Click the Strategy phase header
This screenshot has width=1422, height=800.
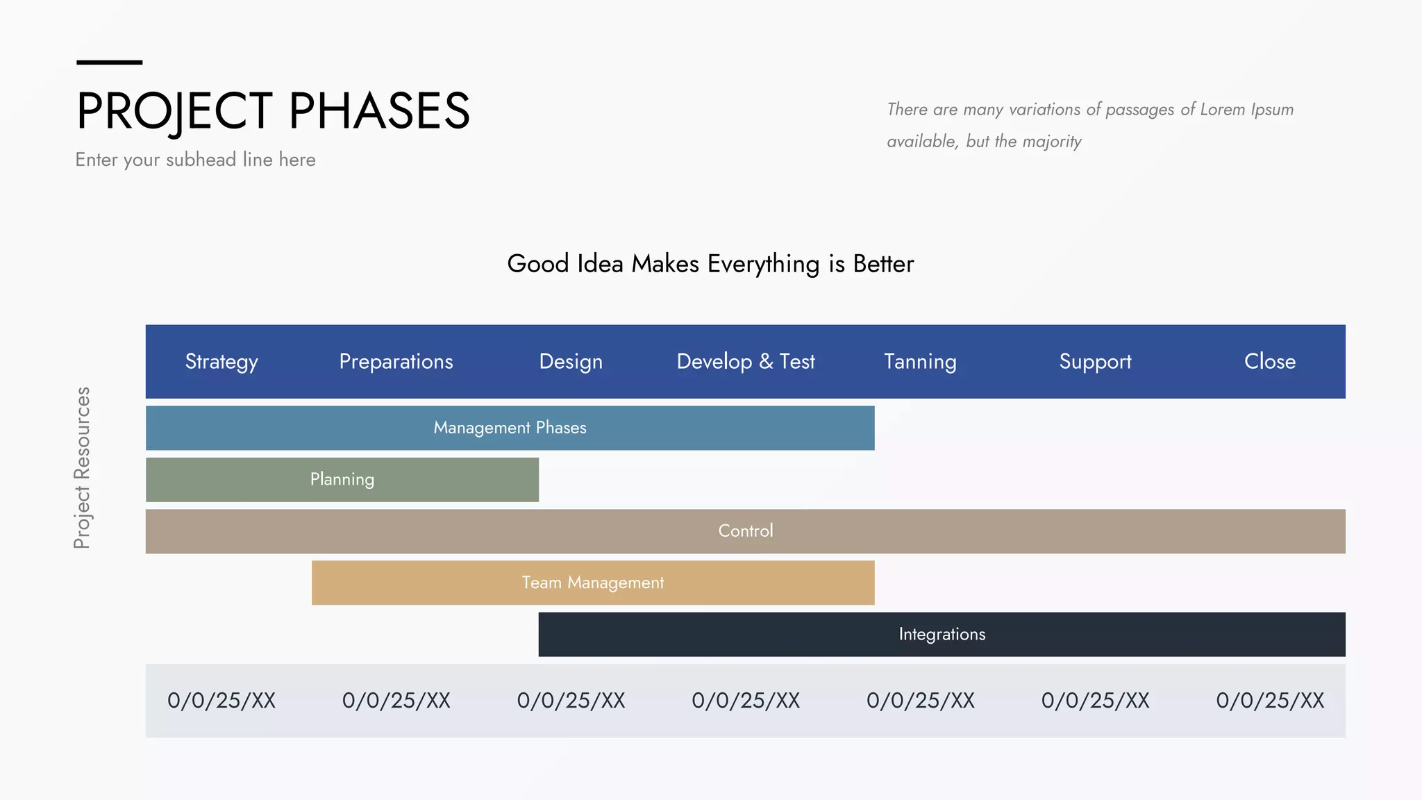point(221,362)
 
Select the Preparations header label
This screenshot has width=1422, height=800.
point(396,362)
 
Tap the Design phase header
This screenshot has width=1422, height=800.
point(571,362)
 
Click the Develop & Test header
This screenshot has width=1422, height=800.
point(746,362)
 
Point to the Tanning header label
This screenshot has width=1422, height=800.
point(920,362)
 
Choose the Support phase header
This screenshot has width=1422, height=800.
point(1095,362)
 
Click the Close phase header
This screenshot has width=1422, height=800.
point(1269,362)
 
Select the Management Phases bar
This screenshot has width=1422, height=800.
point(510,428)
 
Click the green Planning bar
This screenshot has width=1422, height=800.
point(342,479)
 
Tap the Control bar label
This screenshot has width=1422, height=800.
point(745,531)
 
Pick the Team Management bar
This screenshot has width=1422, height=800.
point(593,583)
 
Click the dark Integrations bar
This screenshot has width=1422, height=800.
point(942,634)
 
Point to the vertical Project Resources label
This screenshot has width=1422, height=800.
point(82,467)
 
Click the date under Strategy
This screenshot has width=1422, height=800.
point(221,701)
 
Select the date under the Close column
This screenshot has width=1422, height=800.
point(1269,701)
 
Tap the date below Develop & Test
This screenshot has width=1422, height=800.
point(746,701)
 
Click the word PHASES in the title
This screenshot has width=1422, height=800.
point(379,111)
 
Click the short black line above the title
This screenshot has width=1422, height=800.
point(109,62)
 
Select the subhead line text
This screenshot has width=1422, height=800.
point(195,160)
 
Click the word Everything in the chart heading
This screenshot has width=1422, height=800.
point(763,265)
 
